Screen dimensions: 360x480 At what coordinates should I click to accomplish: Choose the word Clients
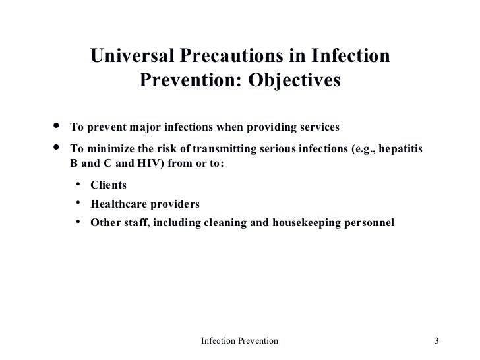point(108,185)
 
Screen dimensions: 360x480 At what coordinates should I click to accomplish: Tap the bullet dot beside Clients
point(77,185)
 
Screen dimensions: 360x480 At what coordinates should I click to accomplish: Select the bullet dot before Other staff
point(77,222)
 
